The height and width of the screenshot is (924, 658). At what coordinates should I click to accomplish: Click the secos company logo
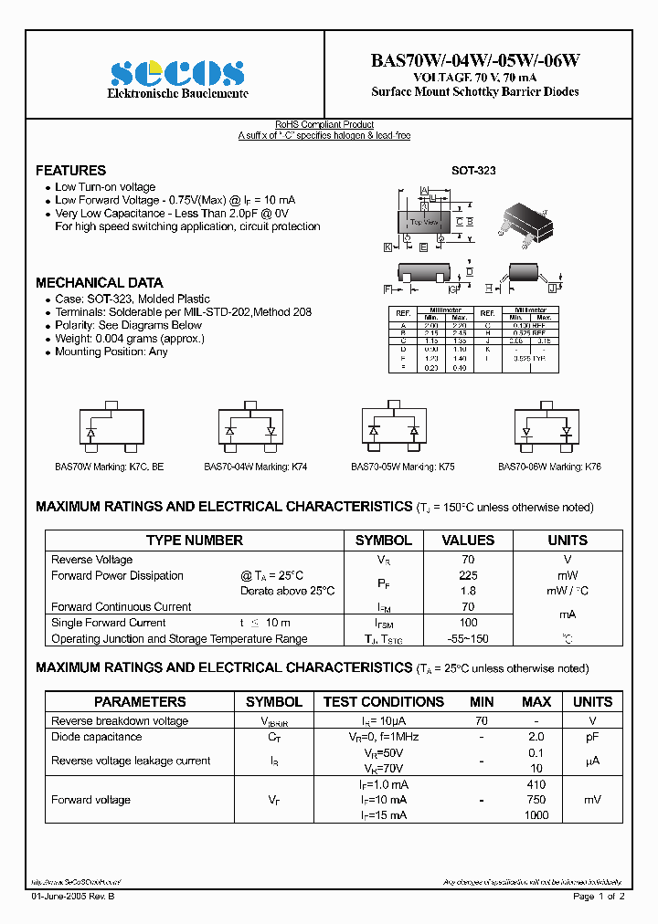coord(177,72)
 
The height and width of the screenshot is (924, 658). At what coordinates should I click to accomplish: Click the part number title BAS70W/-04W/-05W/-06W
coord(474,60)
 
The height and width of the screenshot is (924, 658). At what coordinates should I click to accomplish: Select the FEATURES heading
coord(70,171)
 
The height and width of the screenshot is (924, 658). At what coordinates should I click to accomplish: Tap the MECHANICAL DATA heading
coord(99,283)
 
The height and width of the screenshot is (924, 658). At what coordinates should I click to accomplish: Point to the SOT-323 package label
coord(473,171)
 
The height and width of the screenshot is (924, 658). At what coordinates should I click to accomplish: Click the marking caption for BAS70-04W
coord(255,467)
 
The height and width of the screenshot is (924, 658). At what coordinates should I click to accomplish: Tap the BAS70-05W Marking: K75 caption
coord(402,467)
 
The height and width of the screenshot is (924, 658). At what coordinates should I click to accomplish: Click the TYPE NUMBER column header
coord(195,541)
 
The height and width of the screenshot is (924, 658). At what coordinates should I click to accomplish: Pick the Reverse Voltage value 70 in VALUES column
coord(468,560)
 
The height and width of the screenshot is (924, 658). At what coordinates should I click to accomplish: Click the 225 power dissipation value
coord(468,575)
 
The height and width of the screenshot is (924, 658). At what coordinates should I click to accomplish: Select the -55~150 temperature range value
coord(468,639)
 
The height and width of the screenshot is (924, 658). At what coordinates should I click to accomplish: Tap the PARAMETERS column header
coord(140,702)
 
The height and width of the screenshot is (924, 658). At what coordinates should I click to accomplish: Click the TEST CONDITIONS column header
coord(383,702)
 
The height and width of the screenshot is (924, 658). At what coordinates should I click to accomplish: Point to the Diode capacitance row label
coord(96,737)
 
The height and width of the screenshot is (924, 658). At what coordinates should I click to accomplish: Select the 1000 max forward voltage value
coord(536,815)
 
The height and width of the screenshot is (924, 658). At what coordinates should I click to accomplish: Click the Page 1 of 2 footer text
coord(599,897)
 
